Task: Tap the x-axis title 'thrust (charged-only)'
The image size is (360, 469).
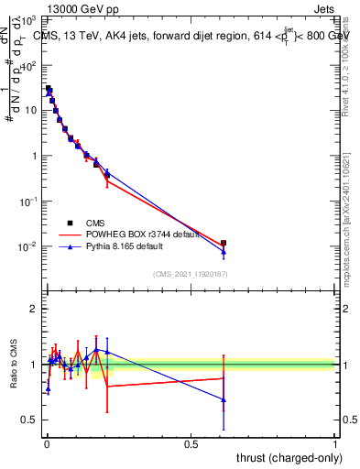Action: click(286, 456)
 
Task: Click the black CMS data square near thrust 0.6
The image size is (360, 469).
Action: click(224, 243)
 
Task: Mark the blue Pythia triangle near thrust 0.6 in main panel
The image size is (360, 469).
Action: click(224, 252)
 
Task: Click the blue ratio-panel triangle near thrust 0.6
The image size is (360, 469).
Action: click(224, 399)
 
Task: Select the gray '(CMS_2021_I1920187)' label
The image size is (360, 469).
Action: click(191, 274)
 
